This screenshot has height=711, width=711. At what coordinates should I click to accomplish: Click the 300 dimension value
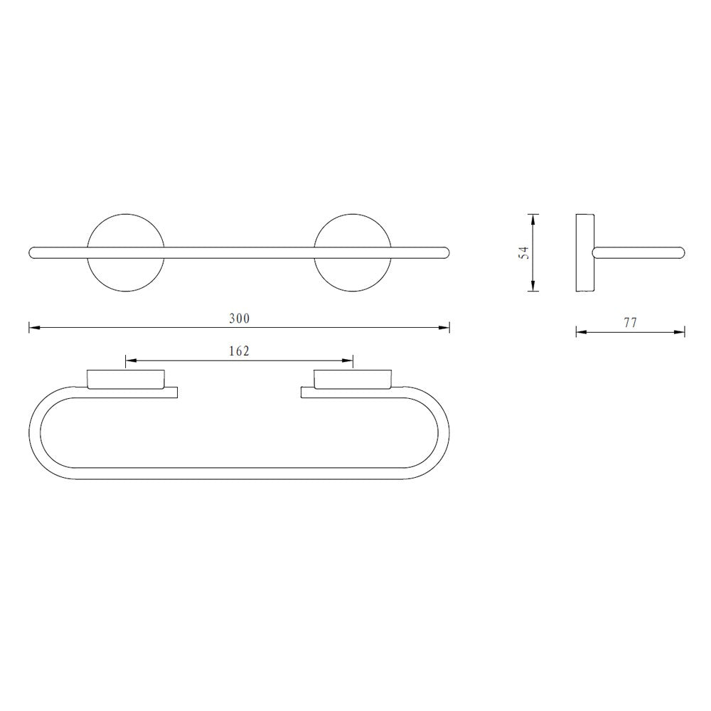pos(239,319)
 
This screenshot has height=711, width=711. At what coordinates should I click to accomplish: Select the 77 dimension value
pos(630,323)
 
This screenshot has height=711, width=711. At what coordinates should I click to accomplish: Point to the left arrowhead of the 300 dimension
pos(33,328)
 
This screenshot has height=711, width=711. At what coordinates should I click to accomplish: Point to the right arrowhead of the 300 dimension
pos(445,328)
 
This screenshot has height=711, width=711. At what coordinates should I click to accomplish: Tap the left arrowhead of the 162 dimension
pos(130,361)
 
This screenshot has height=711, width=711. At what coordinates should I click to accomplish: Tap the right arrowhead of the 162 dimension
pos(348,361)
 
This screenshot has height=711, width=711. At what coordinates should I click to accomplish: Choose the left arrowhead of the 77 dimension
pos(580,332)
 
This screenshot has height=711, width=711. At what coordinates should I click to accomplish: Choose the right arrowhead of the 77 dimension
pos(680,332)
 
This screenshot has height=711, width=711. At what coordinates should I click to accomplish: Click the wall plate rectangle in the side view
pos(584,252)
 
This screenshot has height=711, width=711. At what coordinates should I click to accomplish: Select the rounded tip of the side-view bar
pos(680,252)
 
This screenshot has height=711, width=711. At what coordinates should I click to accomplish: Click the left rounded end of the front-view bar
pos(33,252)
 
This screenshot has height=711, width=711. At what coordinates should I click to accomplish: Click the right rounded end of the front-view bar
pos(446,252)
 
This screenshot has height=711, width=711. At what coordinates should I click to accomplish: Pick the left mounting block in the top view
pos(126,379)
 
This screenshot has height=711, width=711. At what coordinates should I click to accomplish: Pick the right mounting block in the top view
pos(353,379)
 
